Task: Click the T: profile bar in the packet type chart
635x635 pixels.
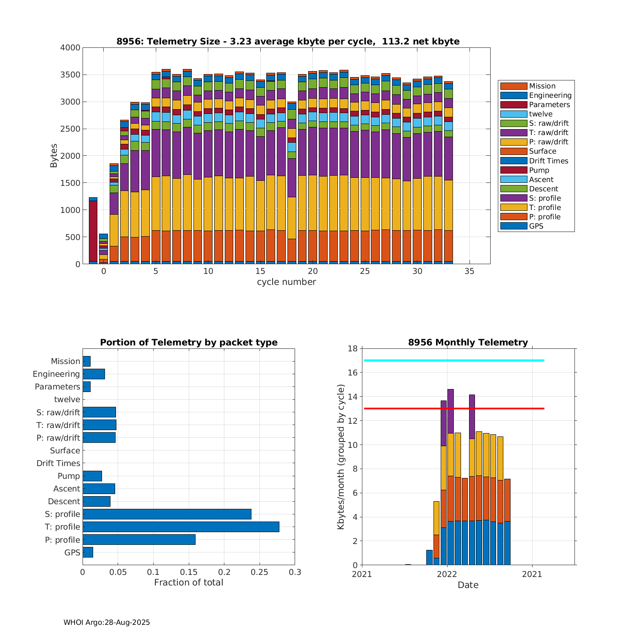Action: click(181, 527)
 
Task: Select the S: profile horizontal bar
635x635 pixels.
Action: click(167, 514)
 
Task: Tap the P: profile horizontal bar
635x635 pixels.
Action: click(139, 539)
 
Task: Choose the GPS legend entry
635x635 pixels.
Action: click(536, 226)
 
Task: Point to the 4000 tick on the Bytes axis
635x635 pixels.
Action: click(70, 48)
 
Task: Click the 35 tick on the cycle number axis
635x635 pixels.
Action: click(469, 271)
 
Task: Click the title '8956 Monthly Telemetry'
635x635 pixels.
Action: click(468, 342)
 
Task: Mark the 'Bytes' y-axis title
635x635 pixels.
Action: click(54, 156)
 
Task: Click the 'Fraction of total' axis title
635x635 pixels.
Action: click(188, 583)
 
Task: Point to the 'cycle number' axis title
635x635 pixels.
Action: click(286, 282)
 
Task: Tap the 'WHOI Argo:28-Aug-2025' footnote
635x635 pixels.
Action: click(107, 622)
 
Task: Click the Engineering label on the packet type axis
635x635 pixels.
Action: click(56, 374)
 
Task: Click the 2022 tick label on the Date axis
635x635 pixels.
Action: click(447, 574)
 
